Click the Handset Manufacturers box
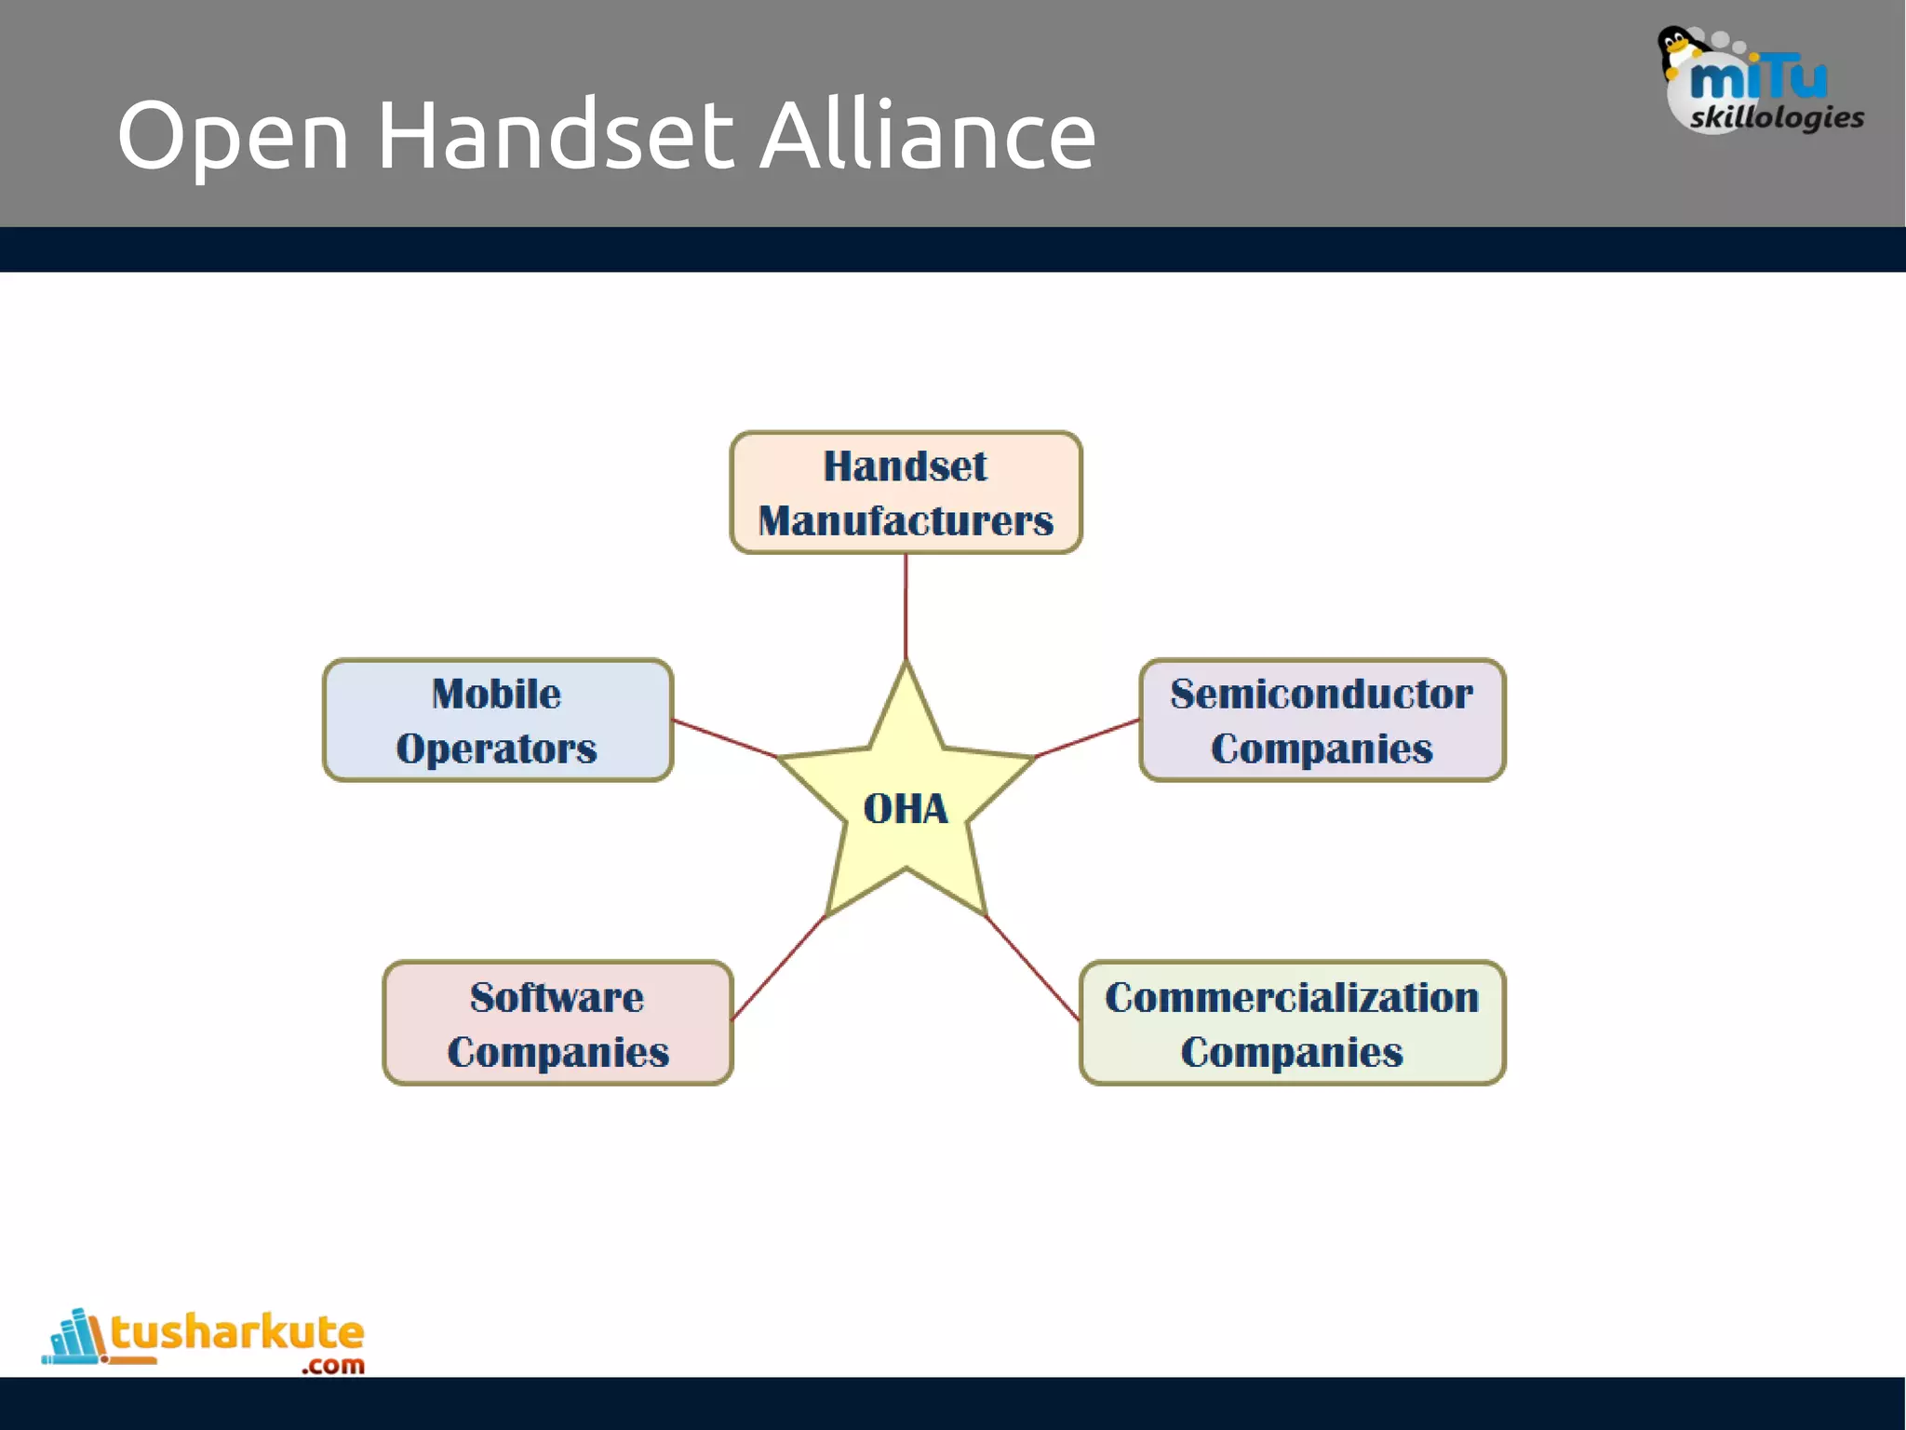click(906, 492)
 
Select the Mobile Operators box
click(497, 721)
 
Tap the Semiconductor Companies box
click(1322, 721)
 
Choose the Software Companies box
click(557, 1023)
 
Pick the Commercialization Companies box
click(1292, 1023)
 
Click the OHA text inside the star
click(906, 808)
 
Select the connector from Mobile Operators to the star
click(725, 738)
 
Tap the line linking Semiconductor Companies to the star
click(1087, 738)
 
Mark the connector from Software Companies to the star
click(778, 968)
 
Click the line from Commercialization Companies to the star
click(1033, 968)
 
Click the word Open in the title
click(233, 137)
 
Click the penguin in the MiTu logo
click(1679, 50)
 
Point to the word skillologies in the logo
click(1777, 117)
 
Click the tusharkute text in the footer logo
click(237, 1332)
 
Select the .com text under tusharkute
click(333, 1366)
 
